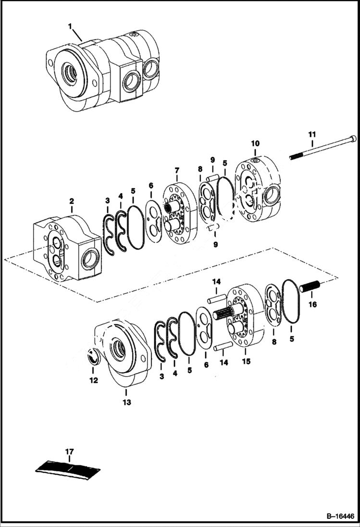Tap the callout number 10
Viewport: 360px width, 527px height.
pos(255,143)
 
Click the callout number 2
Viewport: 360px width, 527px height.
pos(71,201)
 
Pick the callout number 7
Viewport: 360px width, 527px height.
pos(177,171)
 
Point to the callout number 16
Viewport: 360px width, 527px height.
pos(313,305)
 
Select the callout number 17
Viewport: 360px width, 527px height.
pos(70,451)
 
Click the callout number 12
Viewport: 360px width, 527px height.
pos(93,380)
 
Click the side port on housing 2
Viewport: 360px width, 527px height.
pos(90,260)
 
